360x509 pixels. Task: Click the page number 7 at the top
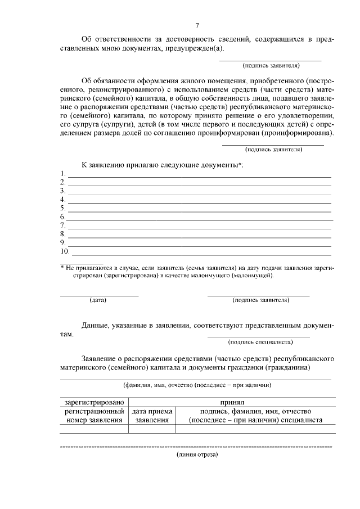coord(197,26)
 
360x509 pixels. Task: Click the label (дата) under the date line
coord(98,300)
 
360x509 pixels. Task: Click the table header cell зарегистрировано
coord(94,403)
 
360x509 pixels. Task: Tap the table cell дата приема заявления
coord(152,416)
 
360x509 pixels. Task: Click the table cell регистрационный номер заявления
coord(94,416)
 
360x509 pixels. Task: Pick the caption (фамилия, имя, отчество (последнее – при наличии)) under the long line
coord(197,385)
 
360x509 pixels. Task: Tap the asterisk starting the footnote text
coord(62,268)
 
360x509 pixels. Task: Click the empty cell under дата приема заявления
coord(152,429)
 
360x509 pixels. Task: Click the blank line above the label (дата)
coord(99,295)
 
